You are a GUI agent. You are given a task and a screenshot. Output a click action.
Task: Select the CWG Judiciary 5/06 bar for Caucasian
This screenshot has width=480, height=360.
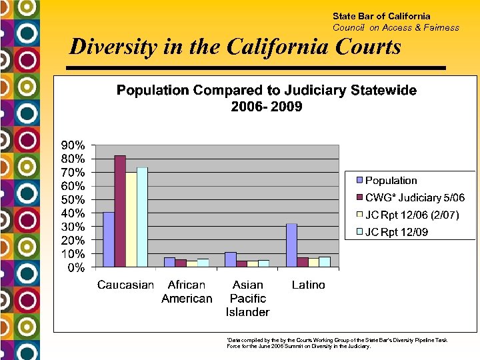point(120,211)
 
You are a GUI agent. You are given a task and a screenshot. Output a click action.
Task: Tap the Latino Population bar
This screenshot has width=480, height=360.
point(291,245)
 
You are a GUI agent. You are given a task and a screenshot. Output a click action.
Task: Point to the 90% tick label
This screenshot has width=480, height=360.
point(73,145)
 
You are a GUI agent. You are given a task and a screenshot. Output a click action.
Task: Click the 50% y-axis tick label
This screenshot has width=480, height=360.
point(73,199)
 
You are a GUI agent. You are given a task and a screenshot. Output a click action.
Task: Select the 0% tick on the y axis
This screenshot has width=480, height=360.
point(75,267)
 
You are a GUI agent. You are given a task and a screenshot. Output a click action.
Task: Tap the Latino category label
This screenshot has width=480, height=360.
point(309,285)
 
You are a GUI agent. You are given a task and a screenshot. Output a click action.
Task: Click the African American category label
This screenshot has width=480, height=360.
point(187,291)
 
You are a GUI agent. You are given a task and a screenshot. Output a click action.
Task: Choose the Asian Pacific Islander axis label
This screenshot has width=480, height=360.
point(247,298)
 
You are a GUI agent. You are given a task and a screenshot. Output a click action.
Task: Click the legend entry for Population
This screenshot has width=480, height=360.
point(391,181)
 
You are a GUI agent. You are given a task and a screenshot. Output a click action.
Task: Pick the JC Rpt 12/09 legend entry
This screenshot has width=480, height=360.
point(396,232)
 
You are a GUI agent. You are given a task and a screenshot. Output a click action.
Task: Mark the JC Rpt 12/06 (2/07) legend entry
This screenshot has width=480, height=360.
point(411,215)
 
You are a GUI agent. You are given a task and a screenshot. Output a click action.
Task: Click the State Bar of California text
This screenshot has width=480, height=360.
point(381,16)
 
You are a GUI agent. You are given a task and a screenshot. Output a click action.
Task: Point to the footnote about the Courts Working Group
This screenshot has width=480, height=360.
point(337,343)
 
